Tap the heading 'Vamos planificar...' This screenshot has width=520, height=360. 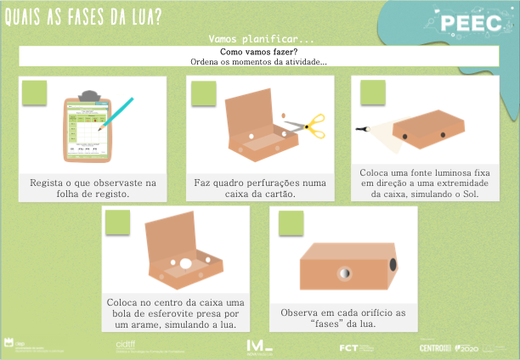click(261, 39)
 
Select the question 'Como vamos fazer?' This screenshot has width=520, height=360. click(258, 52)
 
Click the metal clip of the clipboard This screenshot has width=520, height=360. click(87, 93)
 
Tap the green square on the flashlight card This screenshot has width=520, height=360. click(373, 93)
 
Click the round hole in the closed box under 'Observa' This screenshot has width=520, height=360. click(345, 273)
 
